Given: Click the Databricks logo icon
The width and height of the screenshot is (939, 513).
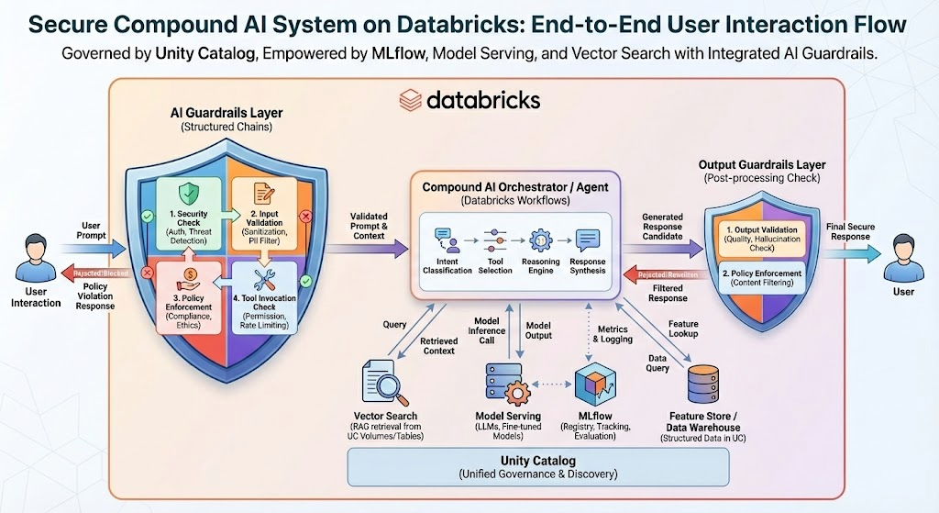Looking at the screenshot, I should click(410, 99).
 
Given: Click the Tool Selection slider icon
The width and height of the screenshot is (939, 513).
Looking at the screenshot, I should click(494, 240).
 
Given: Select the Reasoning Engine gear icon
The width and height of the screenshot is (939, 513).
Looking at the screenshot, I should click(540, 240).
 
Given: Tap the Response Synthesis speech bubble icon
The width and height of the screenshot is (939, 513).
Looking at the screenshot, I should click(587, 240).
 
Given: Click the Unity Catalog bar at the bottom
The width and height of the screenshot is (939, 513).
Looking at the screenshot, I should click(538, 467).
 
